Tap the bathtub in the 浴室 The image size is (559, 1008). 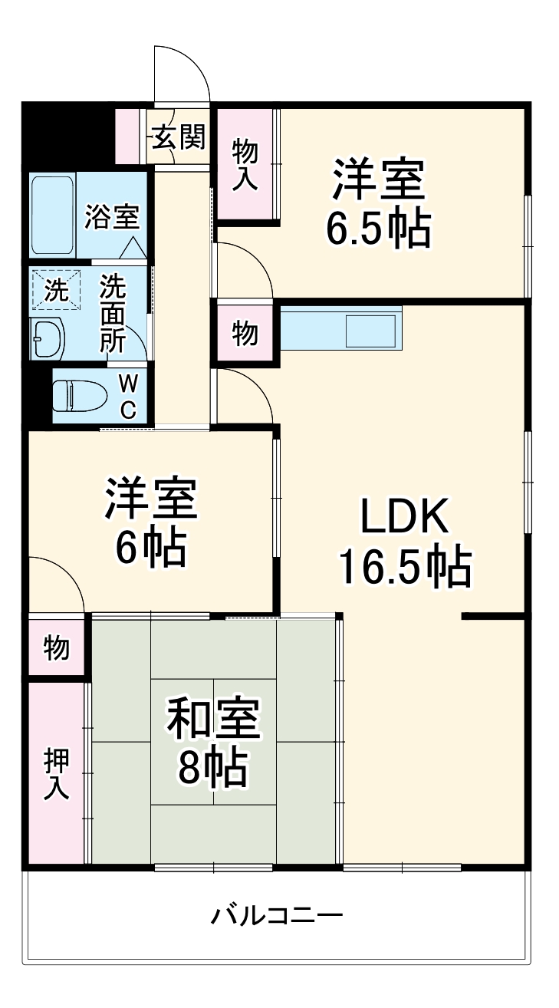(x=53, y=215)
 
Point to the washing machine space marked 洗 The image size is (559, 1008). (x=55, y=289)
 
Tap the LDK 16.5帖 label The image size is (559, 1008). (x=405, y=543)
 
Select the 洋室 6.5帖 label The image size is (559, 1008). (x=377, y=203)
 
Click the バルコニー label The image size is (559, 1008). (x=277, y=915)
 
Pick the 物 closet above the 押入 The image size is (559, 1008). (x=56, y=648)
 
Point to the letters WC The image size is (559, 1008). (x=128, y=396)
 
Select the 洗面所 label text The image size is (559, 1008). (x=113, y=313)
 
